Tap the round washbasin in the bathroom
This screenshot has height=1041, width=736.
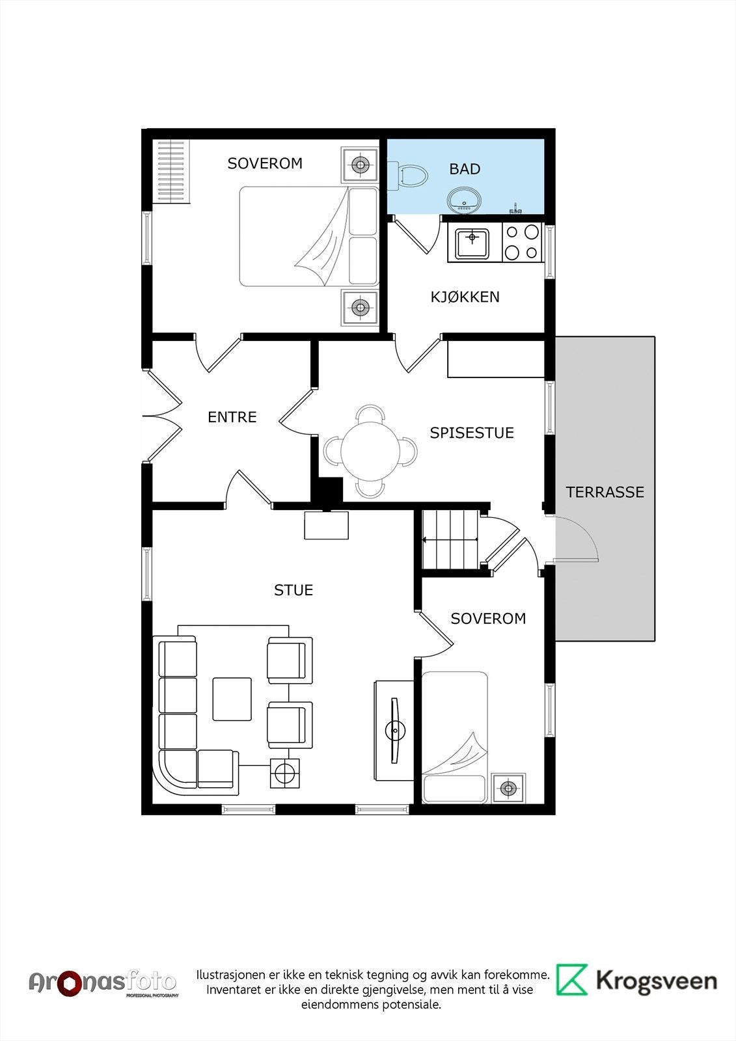pos(464,201)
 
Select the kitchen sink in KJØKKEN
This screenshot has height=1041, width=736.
pos(472,243)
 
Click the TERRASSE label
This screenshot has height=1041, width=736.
pos(605,492)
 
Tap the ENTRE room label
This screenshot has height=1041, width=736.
pos(232,417)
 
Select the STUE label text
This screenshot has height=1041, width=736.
pos(293,590)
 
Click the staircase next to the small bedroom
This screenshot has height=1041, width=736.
pos(450,539)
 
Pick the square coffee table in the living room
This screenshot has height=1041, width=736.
pos(232,699)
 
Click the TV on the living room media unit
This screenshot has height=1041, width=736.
pos(395,730)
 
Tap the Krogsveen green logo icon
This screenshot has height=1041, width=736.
pos(572,980)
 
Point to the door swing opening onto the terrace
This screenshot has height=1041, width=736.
pos(577,539)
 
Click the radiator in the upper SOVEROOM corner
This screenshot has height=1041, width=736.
pos(172,171)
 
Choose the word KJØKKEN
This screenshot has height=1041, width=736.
pos(465,297)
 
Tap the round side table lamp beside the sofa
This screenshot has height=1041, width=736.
pos(284,773)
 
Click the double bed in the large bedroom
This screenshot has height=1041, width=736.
pos(308,236)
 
